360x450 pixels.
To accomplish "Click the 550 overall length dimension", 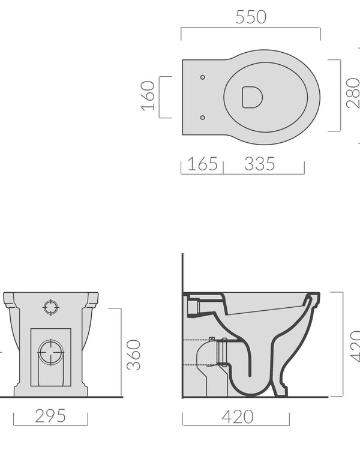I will [250, 17].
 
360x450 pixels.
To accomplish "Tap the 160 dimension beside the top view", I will [148, 96].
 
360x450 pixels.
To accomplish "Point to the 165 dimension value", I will [202, 163].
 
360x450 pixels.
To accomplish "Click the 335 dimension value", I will [259, 163].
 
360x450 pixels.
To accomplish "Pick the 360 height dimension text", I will [134, 354].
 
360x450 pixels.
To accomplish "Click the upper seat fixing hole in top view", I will [202, 77].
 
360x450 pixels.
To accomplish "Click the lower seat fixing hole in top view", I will [202, 117].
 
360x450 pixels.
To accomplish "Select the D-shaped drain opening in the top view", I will [250, 97].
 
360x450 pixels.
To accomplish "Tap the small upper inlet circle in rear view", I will [51, 307].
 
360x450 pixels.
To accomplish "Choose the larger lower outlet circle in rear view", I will [51, 352].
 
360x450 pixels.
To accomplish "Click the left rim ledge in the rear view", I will [10, 299].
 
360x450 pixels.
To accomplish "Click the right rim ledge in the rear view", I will [92, 299].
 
